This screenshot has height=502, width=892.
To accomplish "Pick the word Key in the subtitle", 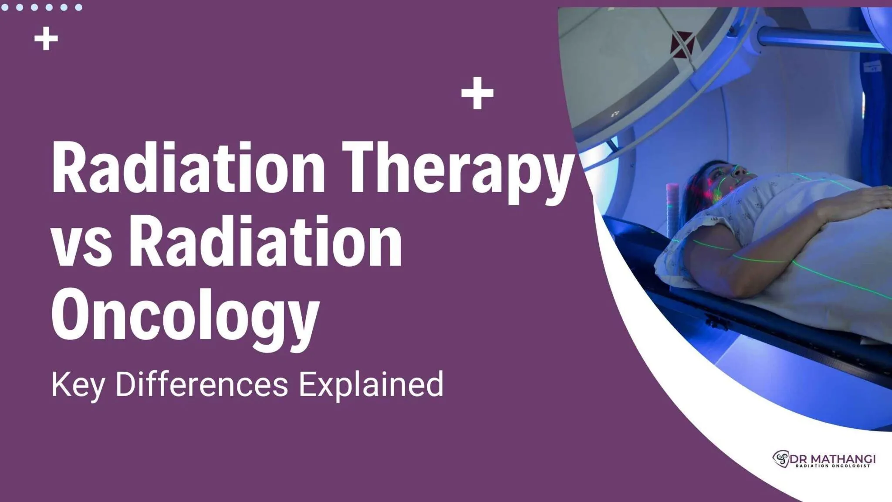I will [78, 385].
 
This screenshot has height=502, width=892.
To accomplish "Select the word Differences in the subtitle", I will [201, 384].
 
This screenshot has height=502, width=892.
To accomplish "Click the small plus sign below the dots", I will [46, 39].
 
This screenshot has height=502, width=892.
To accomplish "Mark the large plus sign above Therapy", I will [477, 93].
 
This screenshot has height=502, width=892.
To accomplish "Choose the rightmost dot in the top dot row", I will [78, 7].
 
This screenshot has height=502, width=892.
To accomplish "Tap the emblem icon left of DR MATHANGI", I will [781, 459].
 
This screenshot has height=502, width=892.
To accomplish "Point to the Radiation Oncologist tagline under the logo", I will [832, 466].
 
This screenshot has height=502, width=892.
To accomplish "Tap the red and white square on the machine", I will [682, 44].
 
